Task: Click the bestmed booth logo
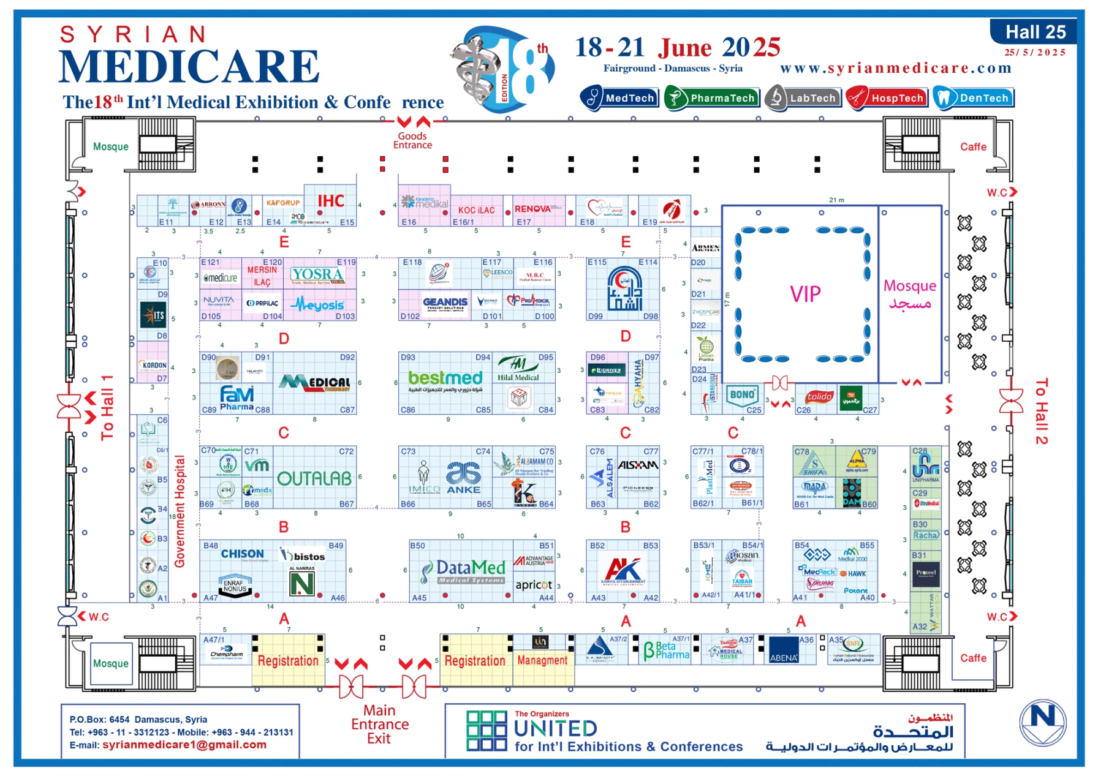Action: coord(445,379)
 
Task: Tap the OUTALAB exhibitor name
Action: coord(314,478)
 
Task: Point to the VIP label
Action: coord(805,295)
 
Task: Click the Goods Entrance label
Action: coord(412,140)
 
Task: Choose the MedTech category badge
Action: coord(619,98)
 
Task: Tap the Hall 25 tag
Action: coord(1035,32)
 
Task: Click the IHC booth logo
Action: coord(331,201)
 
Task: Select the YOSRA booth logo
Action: coord(317,275)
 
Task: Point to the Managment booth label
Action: coord(542,660)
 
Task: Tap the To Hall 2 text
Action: coord(1040,411)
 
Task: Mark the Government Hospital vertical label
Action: coord(180,511)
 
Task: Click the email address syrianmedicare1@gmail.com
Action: coord(184,745)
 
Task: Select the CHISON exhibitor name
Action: coord(242,554)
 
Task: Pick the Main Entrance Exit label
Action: coord(379,725)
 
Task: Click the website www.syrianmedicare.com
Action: coord(895,68)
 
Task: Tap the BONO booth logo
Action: coord(742,395)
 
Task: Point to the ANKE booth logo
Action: coord(463,478)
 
